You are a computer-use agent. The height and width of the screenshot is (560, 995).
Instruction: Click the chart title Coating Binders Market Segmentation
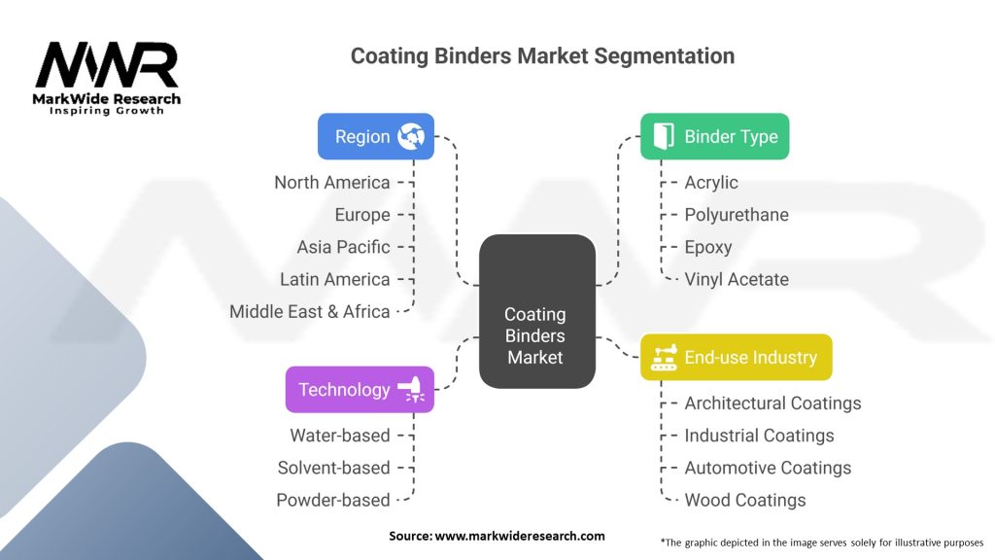click(x=542, y=55)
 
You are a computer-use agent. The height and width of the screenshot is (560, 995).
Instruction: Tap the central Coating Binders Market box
click(x=536, y=311)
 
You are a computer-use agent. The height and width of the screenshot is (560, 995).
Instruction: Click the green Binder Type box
click(x=714, y=137)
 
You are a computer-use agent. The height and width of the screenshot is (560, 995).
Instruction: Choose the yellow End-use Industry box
click(x=736, y=357)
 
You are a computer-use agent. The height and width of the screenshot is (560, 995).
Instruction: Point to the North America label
click(x=331, y=183)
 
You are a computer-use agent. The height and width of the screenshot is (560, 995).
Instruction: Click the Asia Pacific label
click(x=343, y=247)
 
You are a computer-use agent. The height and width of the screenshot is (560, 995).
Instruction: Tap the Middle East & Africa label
click(x=309, y=312)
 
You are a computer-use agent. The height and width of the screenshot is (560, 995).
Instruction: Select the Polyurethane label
click(x=737, y=215)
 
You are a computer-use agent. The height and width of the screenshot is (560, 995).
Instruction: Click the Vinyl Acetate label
click(x=737, y=280)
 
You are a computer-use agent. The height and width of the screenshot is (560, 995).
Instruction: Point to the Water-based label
click(x=339, y=436)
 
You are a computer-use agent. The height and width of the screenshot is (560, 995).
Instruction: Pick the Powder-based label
click(x=332, y=501)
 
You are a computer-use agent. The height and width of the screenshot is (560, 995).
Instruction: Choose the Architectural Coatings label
click(x=772, y=403)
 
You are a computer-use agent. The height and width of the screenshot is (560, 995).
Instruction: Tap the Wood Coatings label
click(x=745, y=501)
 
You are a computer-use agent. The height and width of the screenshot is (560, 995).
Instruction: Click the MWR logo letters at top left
click(x=107, y=65)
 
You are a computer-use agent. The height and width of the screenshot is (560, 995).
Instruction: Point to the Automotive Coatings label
click(x=768, y=468)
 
